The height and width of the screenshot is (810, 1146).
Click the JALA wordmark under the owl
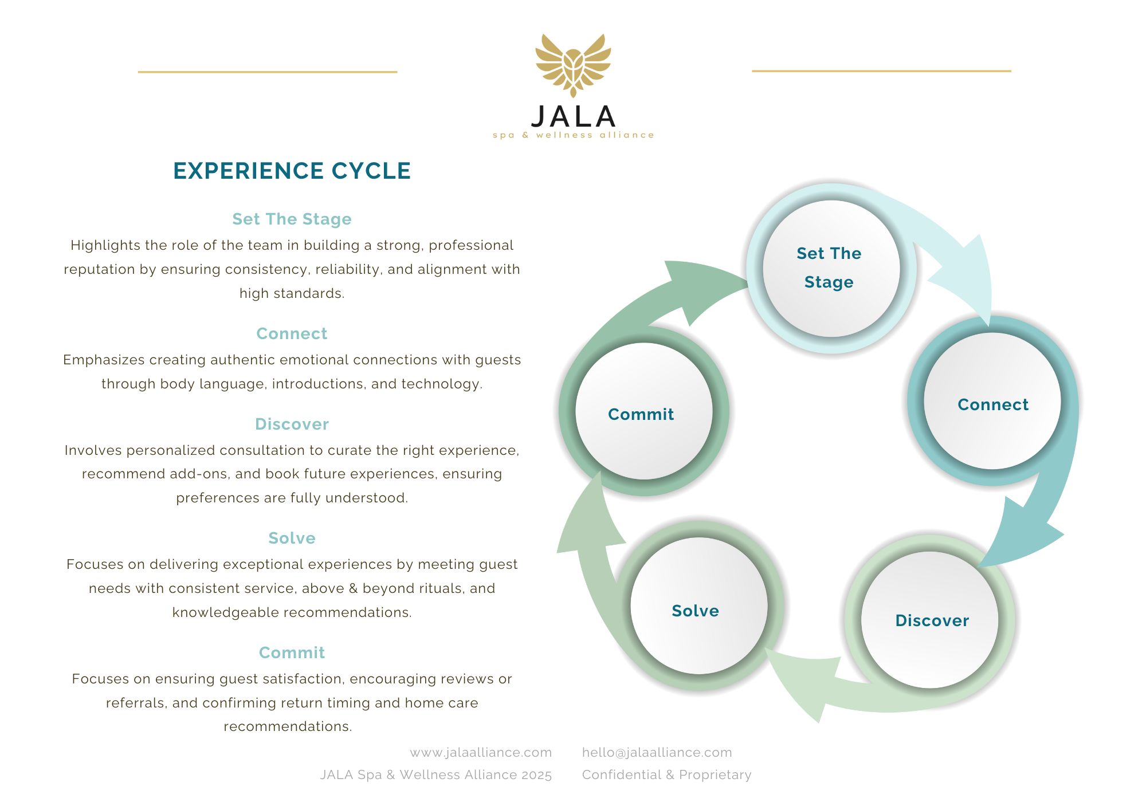573,117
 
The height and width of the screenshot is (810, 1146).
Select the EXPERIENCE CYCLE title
292,171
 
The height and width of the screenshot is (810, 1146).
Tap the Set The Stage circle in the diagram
830,268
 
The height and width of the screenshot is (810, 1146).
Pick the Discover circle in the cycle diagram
930,620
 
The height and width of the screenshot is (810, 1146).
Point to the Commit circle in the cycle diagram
643,412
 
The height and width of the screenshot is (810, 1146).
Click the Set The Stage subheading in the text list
292,219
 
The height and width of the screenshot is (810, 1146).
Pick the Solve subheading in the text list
292,538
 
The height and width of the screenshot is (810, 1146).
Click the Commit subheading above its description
292,653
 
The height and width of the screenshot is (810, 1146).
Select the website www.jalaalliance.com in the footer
481,753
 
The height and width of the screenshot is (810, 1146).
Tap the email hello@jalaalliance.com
657,753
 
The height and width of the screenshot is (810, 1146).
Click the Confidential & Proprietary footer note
666,775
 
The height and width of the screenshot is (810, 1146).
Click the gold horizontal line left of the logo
268,72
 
